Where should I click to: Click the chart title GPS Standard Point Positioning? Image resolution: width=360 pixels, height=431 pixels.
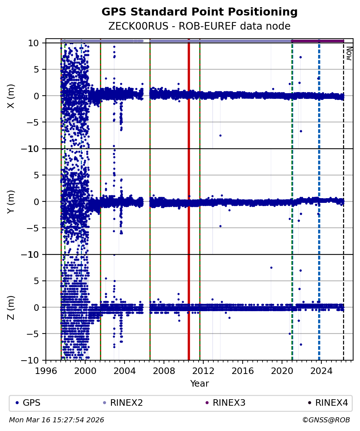199,12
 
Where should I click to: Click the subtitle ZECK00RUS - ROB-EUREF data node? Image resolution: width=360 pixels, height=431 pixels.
199,26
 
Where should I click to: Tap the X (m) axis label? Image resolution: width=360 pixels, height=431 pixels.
11,96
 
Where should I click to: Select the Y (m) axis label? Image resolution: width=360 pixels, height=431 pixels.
11,201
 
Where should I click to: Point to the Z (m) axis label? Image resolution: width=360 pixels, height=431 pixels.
11,307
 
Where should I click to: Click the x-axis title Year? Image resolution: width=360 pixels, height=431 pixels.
199,384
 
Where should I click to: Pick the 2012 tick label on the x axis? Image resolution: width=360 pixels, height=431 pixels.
203,371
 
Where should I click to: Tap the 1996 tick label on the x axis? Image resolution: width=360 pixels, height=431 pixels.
46,371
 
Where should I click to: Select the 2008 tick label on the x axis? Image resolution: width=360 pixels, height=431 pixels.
164,371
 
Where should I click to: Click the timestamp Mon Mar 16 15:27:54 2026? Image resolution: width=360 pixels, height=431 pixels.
56,420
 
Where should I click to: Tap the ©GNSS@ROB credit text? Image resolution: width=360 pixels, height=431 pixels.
326,420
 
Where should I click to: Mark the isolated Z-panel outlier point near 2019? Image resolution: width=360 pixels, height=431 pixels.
271,267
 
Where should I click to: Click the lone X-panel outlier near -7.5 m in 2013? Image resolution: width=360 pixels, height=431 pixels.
220,135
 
